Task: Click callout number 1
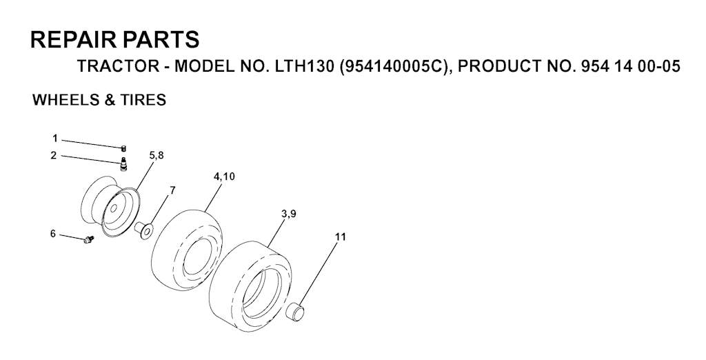click(55, 139)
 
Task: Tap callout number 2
click(54, 155)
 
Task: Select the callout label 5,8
click(157, 155)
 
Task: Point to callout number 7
click(172, 190)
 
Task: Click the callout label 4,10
click(224, 177)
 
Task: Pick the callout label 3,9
click(288, 214)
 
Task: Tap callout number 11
click(341, 237)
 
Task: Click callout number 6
click(52, 234)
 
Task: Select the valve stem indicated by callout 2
click(123, 166)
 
